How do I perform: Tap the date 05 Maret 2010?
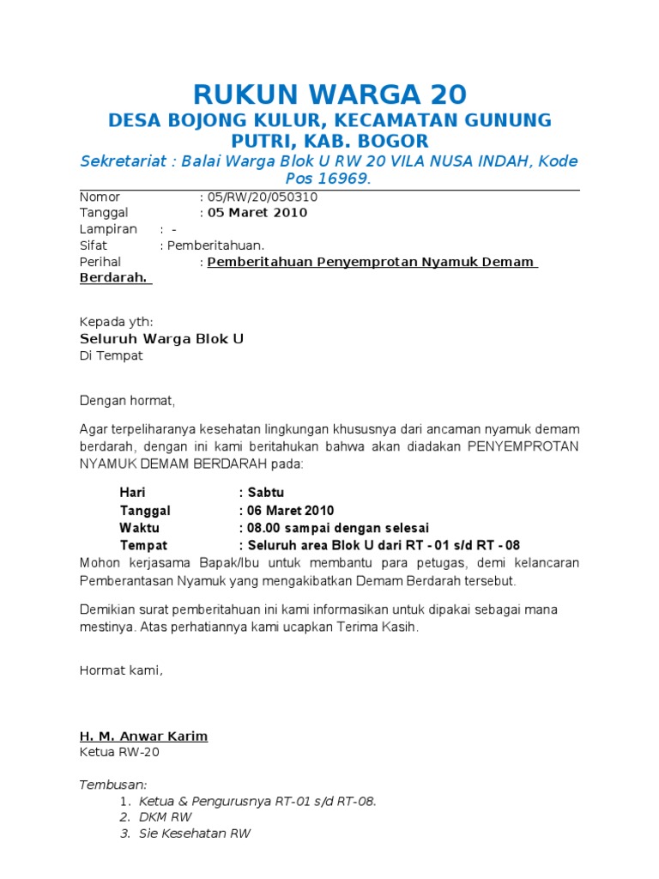[x=256, y=213]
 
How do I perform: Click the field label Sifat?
[x=93, y=246]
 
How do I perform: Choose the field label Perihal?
[x=100, y=262]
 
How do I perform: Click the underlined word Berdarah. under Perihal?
[x=114, y=278]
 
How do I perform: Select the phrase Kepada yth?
[x=116, y=322]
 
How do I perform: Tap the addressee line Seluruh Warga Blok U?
[x=161, y=339]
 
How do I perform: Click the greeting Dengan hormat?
[x=127, y=400]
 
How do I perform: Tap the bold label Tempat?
[x=143, y=545]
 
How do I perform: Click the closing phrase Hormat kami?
[x=120, y=670]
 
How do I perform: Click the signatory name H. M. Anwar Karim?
[x=143, y=737]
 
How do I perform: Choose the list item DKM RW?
[x=165, y=817]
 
